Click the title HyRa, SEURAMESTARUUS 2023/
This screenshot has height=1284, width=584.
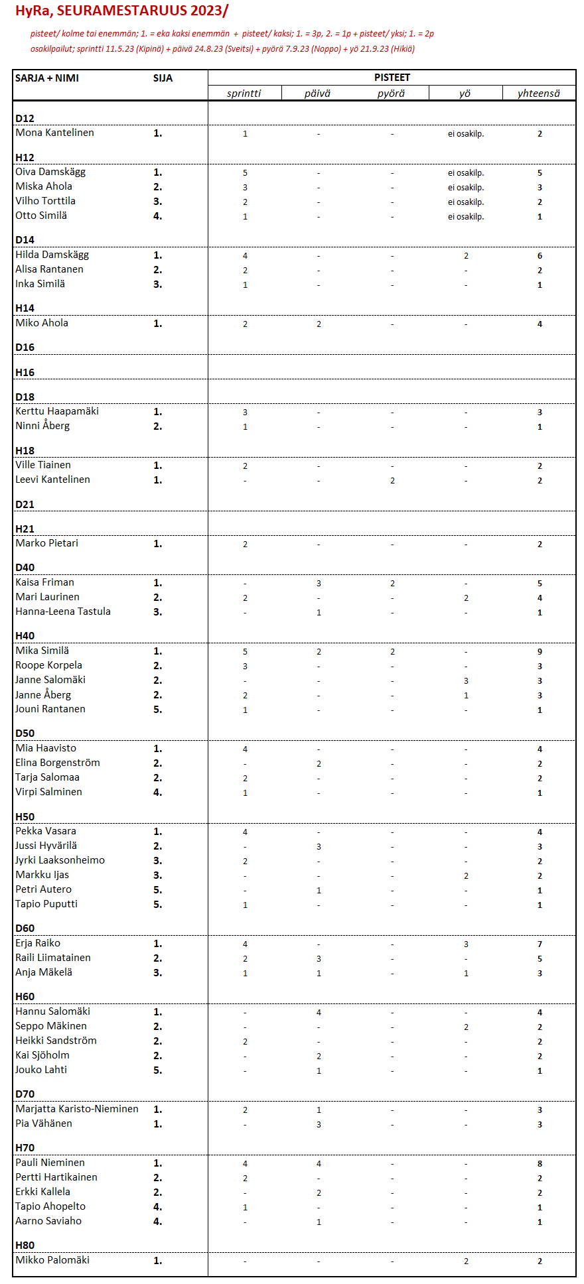(121, 11)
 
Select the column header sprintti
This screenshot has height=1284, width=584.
(244, 94)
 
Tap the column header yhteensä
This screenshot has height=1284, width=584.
(539, 94)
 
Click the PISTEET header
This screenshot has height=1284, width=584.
(392, 78)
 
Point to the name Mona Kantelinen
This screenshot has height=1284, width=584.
(54, 133)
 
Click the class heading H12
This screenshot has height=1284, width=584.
(25, 157)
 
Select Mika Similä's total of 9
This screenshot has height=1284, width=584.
(540, 651)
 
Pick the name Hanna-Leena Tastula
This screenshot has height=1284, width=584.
(63, 611)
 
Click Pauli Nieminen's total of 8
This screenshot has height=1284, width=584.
(540, 1163)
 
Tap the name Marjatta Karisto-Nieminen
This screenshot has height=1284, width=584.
(77, 1109)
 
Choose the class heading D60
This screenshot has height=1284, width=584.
(25, 928)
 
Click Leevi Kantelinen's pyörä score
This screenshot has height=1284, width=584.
(392, 480)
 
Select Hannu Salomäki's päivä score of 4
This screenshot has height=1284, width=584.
(319, 1012)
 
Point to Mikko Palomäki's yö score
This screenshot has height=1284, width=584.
(466, 1261)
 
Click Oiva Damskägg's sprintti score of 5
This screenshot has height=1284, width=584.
(245, 172)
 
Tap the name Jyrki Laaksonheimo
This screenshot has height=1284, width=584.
(60, 860)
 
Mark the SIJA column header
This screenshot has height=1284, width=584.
(163, 78)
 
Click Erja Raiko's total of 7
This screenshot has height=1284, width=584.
(540, 944)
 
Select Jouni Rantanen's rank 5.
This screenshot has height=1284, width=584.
(157, 710)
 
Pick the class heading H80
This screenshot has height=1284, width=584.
(25, 1245)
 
